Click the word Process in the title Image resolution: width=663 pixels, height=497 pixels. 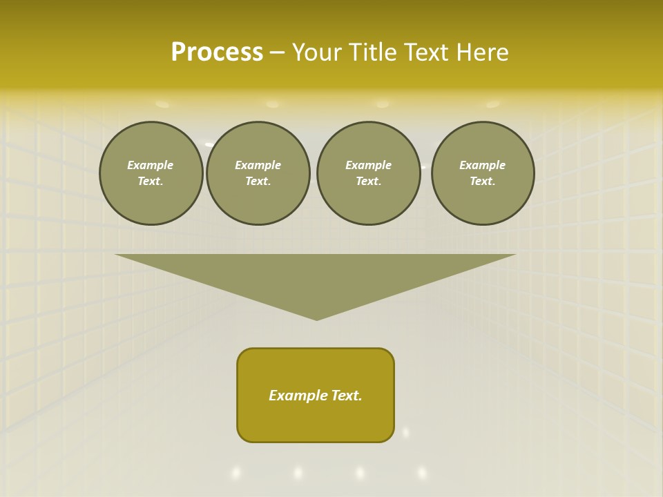tap(217, 52)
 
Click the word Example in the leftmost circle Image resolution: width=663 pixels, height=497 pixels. tap(151, 165)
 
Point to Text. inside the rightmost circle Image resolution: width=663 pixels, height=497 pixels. tap(483, 182)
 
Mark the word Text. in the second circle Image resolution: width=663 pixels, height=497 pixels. tap(258, 182)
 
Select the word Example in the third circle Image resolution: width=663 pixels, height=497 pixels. tap(368, 165)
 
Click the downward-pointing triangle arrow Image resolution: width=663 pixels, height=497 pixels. tap(316, 276)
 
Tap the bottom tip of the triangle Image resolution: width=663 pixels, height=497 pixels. tap(316, 318)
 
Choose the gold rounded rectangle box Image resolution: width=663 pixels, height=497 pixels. tap(316, 421)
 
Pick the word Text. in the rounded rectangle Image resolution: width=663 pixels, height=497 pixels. tap(345, 396)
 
